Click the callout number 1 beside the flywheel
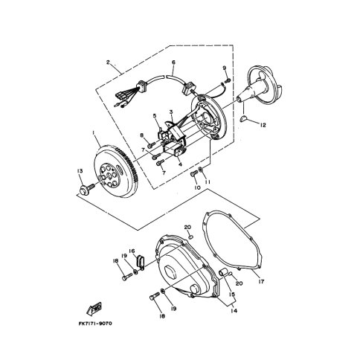(94, 134)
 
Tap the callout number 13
(80, 171)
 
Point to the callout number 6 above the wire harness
(173, 62)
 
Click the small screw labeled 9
(228, 80)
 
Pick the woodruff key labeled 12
(244, 119)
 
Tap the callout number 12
(263, 125)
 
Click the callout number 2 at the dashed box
(108, 62)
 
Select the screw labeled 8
(151, 144)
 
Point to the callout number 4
(179, 164)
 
